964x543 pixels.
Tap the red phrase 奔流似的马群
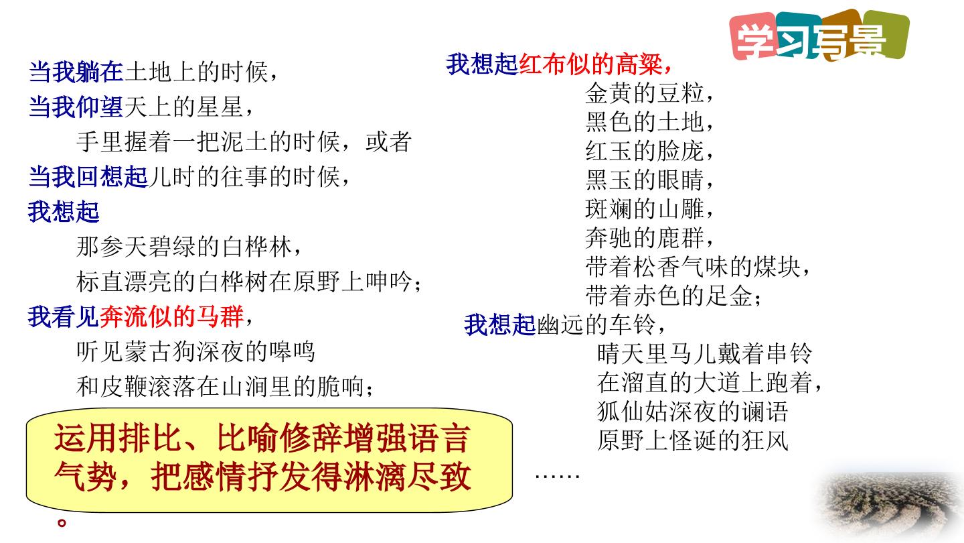[x=171, y=316]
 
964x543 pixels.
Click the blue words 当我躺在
[x=76, y=72]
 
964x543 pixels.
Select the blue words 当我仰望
[x=76, y=107]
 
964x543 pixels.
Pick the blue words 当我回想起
[x=88, y=177]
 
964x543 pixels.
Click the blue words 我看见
[x=64, y=316]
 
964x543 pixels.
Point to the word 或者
[x=388, y=142]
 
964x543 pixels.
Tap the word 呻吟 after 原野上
[x=388, y=282]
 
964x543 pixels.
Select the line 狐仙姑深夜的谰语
[x=692, y=412]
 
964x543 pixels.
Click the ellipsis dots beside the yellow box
[x=557, y=476]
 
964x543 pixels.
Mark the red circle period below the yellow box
[x=62, y=523]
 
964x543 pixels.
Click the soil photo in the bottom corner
[x=889, y=505]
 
